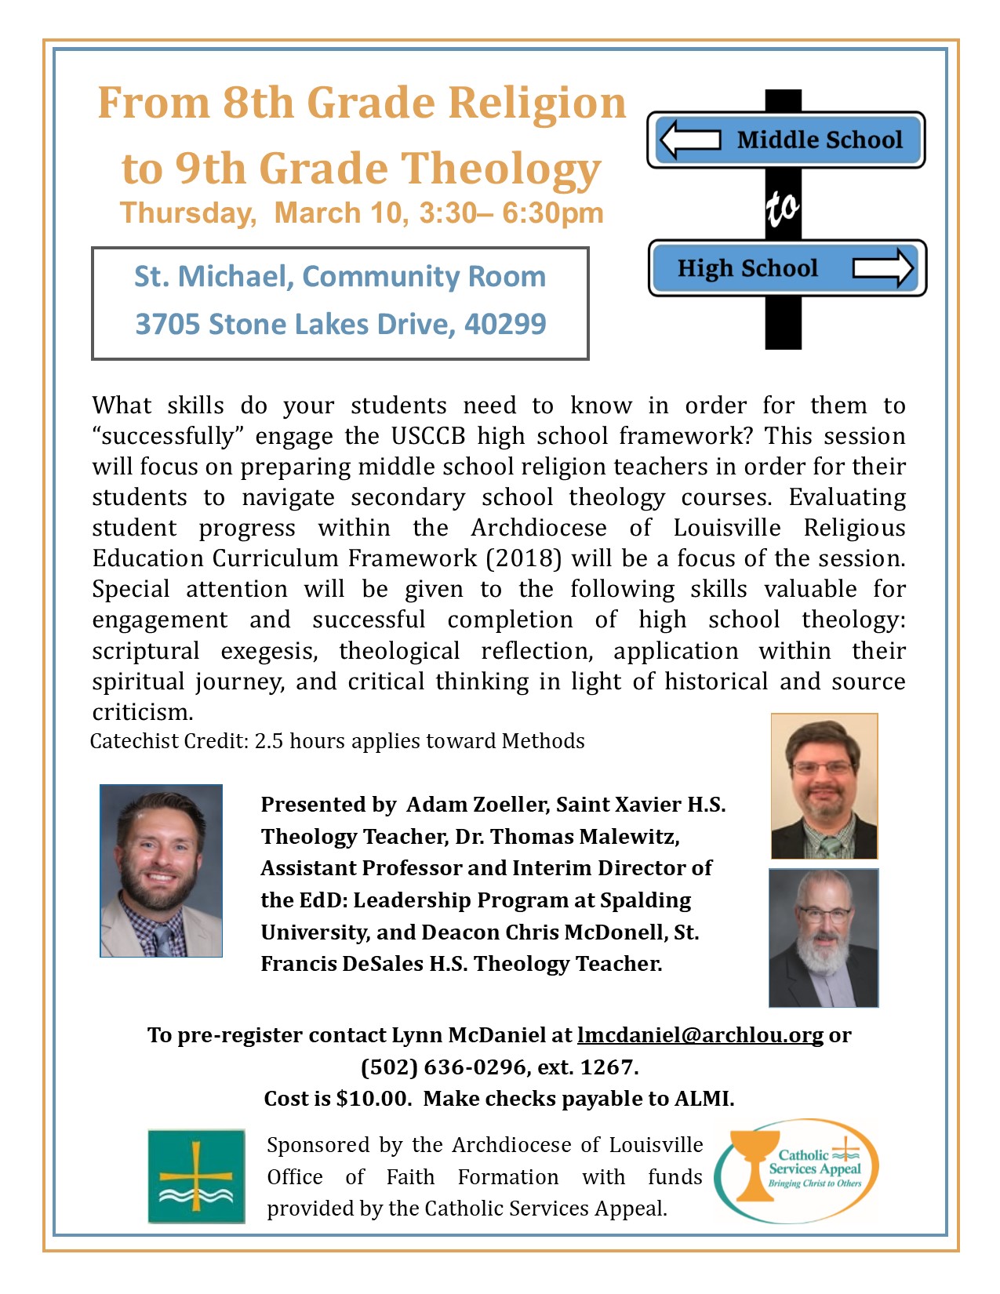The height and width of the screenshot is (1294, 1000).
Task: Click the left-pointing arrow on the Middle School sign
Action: [689, 140]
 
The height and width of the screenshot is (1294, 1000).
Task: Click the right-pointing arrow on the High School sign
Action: [883, 267]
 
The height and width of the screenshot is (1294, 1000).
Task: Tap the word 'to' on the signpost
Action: [783, 207]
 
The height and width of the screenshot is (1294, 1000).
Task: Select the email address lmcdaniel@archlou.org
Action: [700, 1035]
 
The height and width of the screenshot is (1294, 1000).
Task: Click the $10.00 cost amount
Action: [373, 1099]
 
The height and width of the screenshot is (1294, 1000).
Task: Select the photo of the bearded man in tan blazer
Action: [161, 871]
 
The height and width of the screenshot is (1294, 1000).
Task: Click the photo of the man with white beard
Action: [824, 938]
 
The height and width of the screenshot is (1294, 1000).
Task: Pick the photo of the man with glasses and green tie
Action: [824, 786]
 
